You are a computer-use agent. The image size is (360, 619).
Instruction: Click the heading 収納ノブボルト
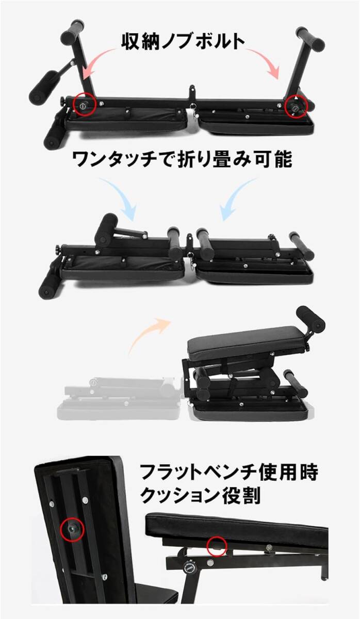point(183,42)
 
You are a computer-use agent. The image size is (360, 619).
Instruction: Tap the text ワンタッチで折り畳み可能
point(182,159)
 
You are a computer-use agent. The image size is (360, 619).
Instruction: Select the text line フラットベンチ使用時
point(229,473)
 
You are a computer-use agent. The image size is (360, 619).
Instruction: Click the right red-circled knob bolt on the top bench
point(296,107)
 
